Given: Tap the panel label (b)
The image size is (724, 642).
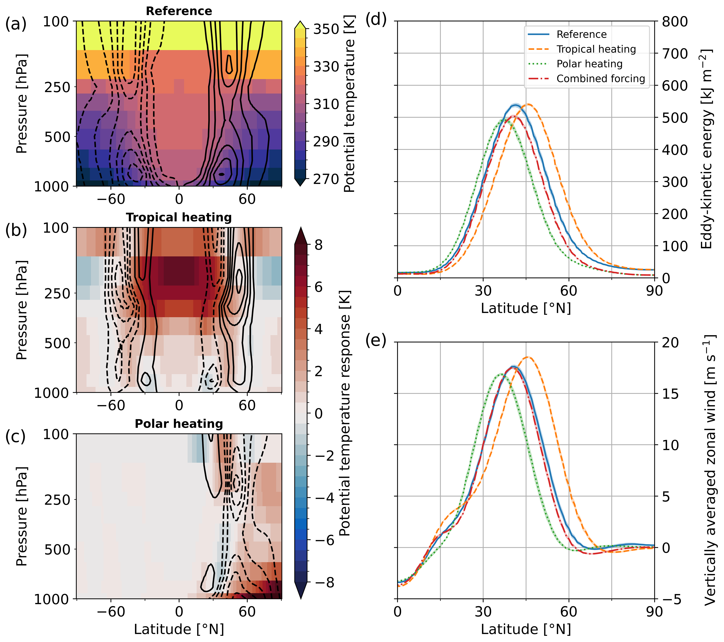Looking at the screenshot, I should (16, 230).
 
